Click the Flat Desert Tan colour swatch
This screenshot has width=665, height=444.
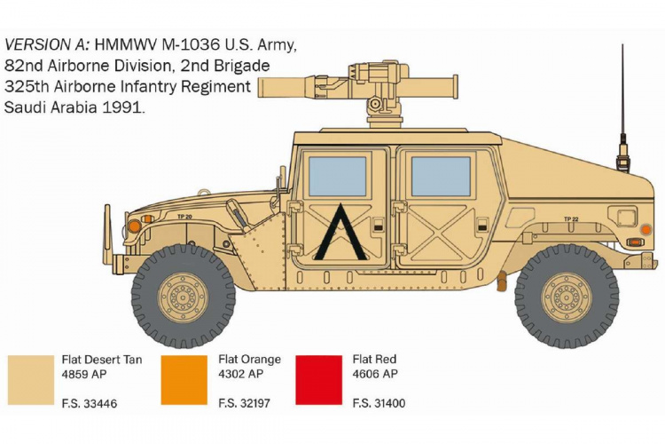coord(31,380)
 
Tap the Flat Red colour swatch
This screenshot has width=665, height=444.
coord(319,380)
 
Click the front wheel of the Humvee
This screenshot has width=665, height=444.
coord(183,295)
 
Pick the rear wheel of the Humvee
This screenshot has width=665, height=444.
coord(567,295)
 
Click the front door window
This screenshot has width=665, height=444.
coord(337,176)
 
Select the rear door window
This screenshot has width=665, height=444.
coord(441,176)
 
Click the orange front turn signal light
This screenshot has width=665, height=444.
coord(134,226)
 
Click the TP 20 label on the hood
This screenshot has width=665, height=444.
coord(184,216)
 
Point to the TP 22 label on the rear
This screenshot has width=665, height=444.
coord(571,218)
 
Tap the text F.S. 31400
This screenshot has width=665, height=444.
coord(379,403)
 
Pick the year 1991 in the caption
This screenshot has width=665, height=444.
coord(126,107)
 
